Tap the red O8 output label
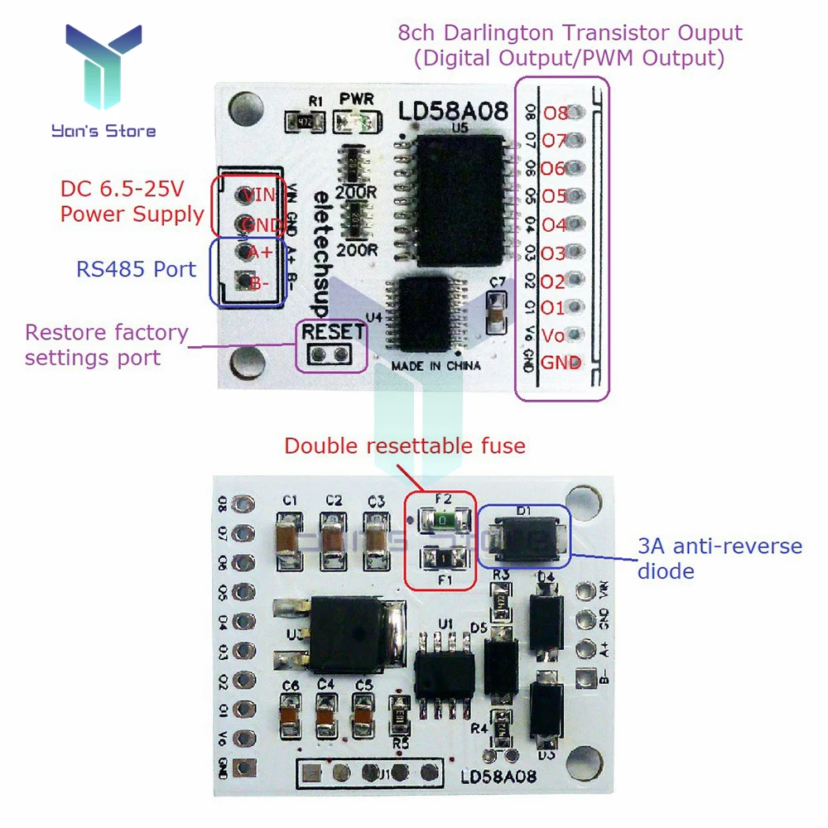(x=554, y=113)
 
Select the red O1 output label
(x=553, y=308)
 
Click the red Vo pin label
(x=553, y=335)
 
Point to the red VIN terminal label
(x=258, y=195)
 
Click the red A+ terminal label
(x=260, y=252)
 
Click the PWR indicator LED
(x=357, y=123)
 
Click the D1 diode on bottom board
(x=524, y=537)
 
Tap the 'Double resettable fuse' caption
(x=404, y=446)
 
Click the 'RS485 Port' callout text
(x=136, y=269)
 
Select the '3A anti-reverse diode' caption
(x=719, y=559)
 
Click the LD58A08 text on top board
(x=452, y=111)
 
